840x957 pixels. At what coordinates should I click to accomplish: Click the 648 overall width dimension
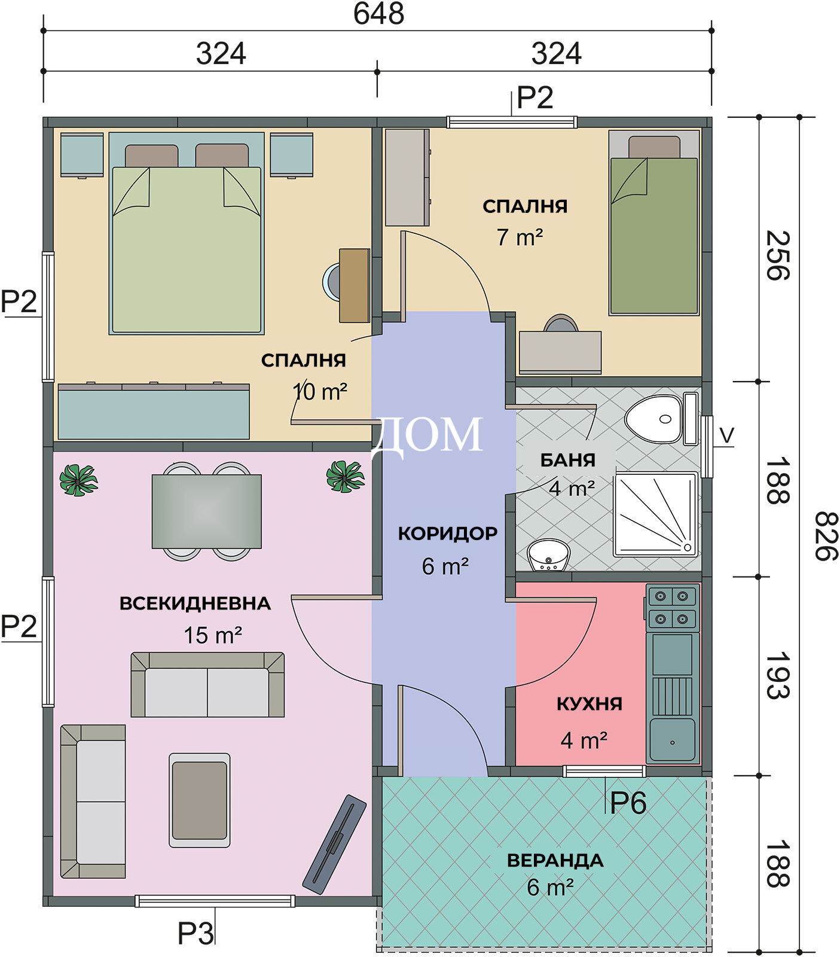[x=378, y=14]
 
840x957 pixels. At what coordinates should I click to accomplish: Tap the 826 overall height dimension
[x=826, y=535]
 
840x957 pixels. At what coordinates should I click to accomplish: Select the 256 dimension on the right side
[x=777, y=255]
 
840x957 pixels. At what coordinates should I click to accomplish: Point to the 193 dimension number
[x=777, y=676]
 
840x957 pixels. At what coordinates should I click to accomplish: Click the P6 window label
[x=628, y=802]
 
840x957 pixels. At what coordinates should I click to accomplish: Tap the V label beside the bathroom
[x=726, y=435]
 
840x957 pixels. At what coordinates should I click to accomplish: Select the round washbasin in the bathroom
[x=549, y=555]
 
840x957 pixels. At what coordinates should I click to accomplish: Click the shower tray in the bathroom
[x=656, y=514]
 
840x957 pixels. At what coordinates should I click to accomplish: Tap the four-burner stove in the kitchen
[x=673, y=607]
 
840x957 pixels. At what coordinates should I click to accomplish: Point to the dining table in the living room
[x=206, y=511]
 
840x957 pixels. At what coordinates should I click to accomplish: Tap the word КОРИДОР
[x=448, y=533]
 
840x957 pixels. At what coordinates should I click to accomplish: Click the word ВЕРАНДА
[x=555, y=860]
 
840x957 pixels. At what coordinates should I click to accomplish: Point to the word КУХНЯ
[x=589, y=703]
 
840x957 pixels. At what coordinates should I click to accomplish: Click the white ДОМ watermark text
[x=427, y=435]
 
